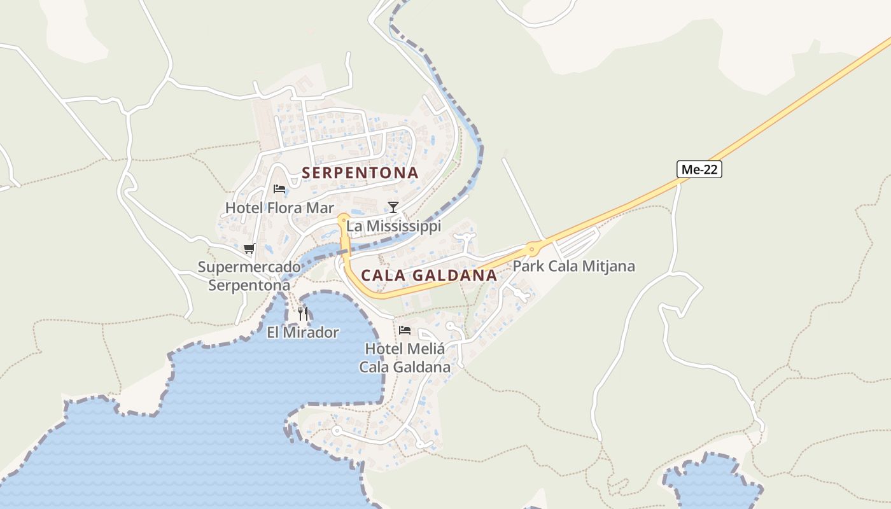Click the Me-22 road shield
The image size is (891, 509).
tap(699, 169)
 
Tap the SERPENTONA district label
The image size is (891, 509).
tap(360, 172)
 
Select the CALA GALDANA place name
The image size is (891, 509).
tap(429, 275)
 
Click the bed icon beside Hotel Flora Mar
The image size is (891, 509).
tap(279, 188)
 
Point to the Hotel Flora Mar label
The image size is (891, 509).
tap(279, 208)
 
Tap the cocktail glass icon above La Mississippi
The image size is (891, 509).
tap(393, 207)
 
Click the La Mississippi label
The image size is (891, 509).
tap(393, 227)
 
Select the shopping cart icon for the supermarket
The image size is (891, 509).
tap(249, 248)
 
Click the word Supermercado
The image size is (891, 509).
tap(249, 267)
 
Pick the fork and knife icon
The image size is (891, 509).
tap(303, 313)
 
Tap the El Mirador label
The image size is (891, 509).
tap(303, 332)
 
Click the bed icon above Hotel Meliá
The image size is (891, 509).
tap(405, 330)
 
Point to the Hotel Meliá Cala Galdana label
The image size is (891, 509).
tap(405, 358)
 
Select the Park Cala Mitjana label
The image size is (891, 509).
tap(574, 266)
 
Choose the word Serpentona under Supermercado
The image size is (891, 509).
tap(249, 285)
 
